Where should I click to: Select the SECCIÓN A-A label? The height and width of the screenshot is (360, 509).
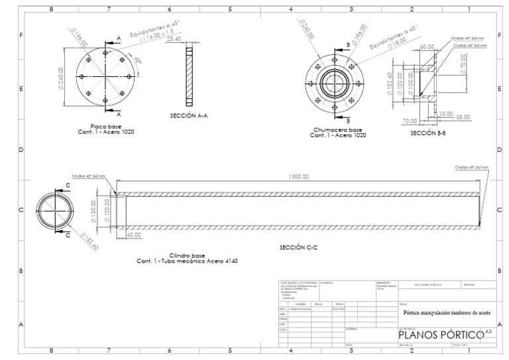click(x=189, y=115)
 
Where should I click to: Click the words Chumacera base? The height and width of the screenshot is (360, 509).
click(x=337, y=130)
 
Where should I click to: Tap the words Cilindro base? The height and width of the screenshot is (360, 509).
click(x=187, y=255)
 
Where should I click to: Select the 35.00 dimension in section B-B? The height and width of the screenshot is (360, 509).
click(x=463, y=116)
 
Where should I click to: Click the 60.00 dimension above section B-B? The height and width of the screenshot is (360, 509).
click(x=427, y=48)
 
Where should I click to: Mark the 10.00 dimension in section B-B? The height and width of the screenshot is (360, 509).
click(x=445, y=114)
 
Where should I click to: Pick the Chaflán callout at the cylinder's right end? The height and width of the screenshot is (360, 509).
click(x=471, y=168)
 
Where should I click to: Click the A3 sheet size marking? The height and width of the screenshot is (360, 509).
click(x=488, y=330)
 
